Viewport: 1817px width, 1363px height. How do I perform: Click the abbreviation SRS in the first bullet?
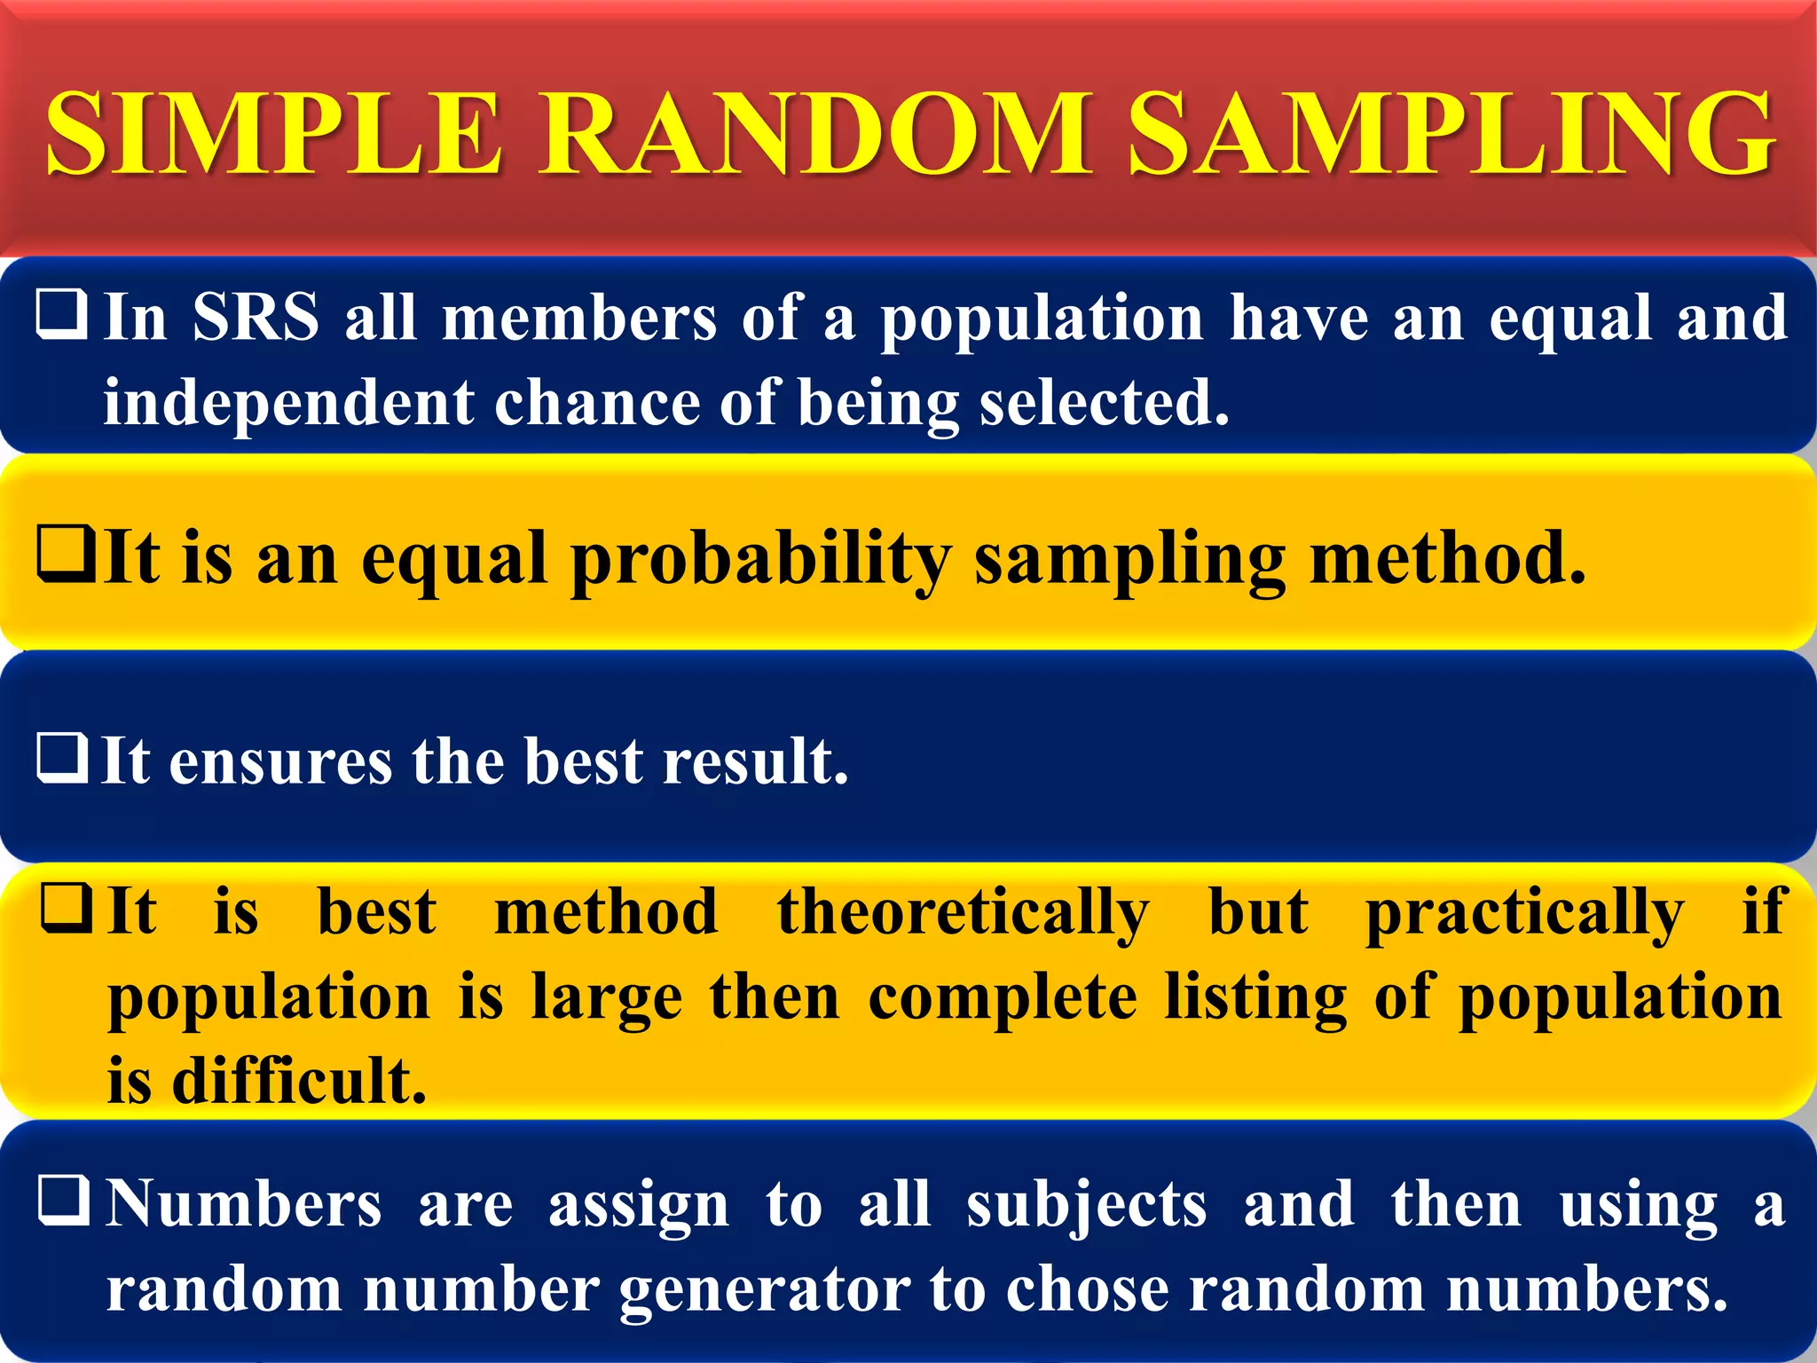tap(256, 318)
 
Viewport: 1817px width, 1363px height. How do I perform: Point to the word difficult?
tap(299, 1081)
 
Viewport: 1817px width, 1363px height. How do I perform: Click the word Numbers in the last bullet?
tap(244, 1205)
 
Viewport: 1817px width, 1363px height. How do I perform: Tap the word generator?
tap(764, 1291)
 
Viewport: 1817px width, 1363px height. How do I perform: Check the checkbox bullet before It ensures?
tap(62, 758)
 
